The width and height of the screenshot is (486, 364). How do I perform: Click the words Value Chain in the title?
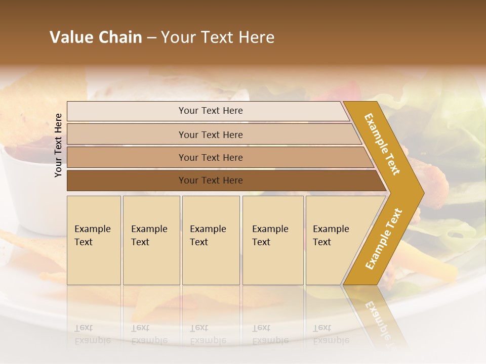[96, 37]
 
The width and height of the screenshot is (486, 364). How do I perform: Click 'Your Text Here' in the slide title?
[218, 37]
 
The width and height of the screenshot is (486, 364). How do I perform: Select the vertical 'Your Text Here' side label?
[58, 145]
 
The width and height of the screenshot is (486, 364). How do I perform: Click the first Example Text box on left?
[94, 240]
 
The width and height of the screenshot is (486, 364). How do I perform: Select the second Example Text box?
[151, 240]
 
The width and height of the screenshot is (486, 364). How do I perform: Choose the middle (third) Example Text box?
[211, 240]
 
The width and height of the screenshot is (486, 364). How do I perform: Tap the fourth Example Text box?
[273, 240]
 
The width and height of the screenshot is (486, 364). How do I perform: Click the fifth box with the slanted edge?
[334, 240]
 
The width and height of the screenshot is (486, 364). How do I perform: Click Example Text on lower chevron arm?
[383, 239]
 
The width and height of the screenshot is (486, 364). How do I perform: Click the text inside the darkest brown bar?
[211, 180]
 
